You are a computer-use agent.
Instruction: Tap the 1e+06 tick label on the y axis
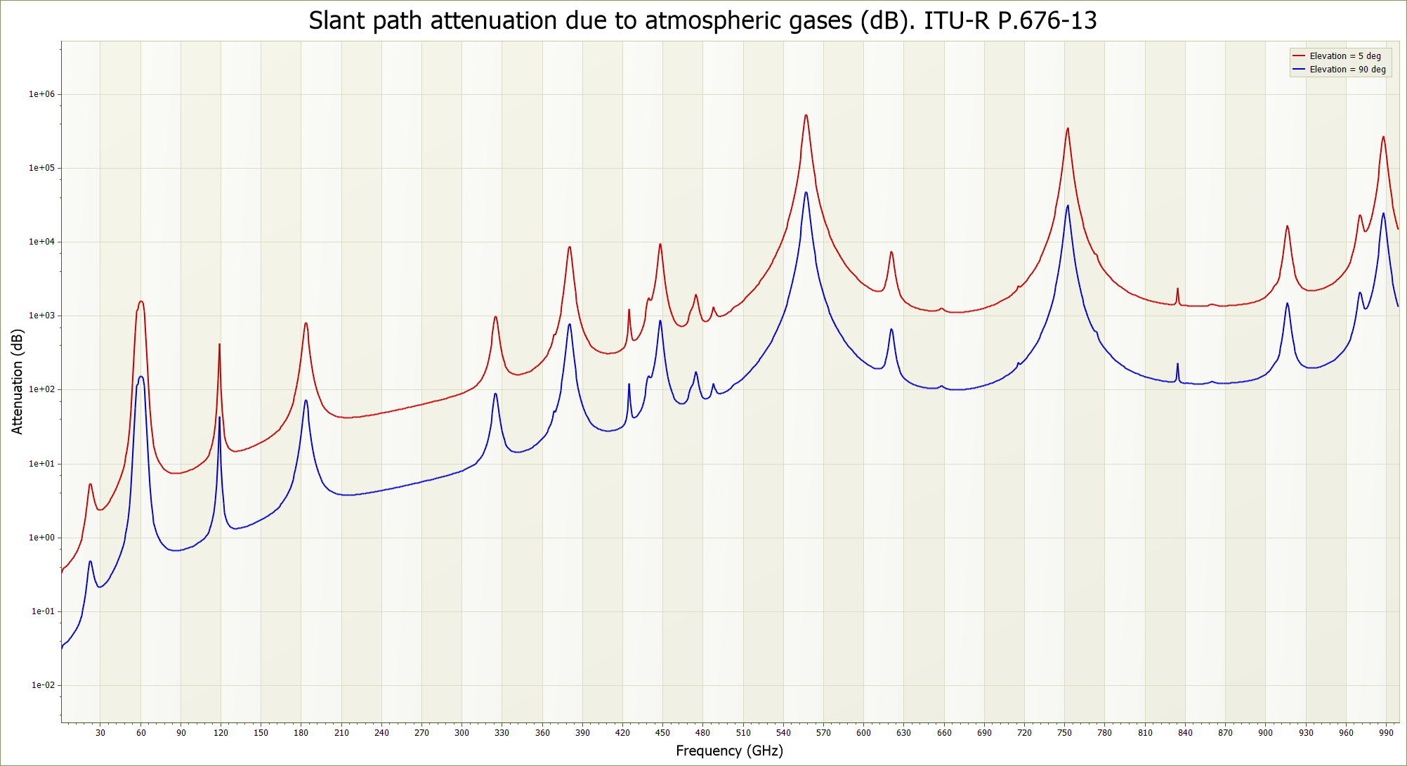click(x=41, y=94)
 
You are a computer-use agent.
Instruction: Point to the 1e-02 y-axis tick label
click(x=42, y=685)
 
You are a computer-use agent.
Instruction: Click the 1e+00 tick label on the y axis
click(x=41, y=538)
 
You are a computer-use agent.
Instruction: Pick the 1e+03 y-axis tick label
click(x=41, y=316)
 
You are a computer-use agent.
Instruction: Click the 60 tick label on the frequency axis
click(x=141, y=733)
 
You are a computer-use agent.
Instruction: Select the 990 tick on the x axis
click(x=1386, y=733)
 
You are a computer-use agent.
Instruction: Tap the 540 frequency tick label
click(x=783, y=733)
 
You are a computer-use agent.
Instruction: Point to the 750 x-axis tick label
click(x=1065, y=733)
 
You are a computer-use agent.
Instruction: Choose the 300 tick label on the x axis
click(x=462, y=733)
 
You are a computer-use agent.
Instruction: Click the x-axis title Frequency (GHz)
click(x=729, y=751)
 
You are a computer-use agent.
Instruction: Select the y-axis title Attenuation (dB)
click(x=18, y=382)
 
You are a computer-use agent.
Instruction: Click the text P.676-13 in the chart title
click(x=1047, y=20)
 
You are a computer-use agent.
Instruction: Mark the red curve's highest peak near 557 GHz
click(x=806, y=115)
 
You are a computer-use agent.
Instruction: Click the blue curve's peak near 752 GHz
click(x=1068, y=206)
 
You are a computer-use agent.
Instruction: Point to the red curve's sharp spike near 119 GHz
click(x=219, y=344)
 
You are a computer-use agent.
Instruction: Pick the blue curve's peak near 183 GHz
click(x=306, y=401)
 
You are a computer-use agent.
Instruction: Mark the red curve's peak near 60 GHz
click(x=141, y=301)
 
